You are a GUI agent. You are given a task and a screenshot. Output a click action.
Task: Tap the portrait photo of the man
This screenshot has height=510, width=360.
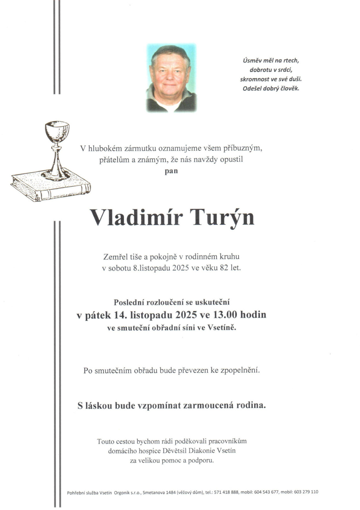pyautogui.click(x=171, y=78)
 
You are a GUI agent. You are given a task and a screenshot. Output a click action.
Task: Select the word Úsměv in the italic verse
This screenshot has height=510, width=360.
pyautogui.click(x=252, y=60)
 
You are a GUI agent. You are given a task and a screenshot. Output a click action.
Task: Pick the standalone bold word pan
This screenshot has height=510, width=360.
pyautogui.click(x=171, y=171)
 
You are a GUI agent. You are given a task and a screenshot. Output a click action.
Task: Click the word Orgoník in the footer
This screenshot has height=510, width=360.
pyautogui.click(x=122, y=492)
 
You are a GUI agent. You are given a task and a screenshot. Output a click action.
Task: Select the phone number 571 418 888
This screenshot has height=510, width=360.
pyautogui.click(x=226, y=492)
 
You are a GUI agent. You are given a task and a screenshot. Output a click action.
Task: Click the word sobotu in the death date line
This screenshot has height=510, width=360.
pyautogui.click(x=119, y=268)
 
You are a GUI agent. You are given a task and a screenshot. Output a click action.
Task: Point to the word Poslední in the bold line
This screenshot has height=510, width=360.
pyautogui.click(x=128, y=302)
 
